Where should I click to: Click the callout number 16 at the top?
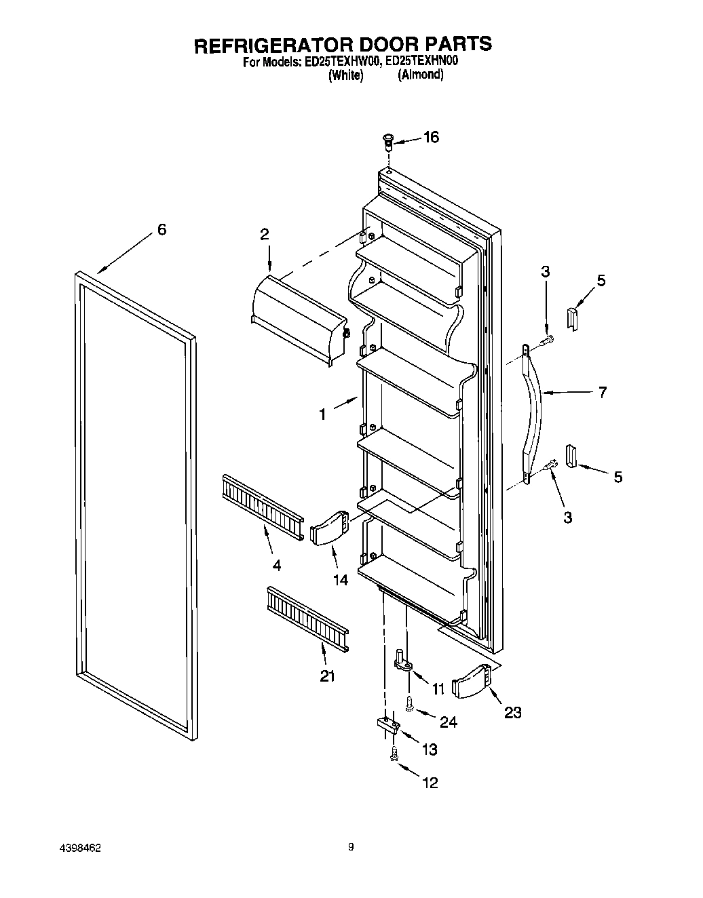(x=431, y=138)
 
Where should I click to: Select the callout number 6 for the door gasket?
(x=161, y=230)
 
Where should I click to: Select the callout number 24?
(x=448, y=722)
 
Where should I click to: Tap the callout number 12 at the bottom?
(x=430, y=783)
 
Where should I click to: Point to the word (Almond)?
(x=421, y=75)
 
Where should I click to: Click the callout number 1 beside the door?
(x=323, y=413)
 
